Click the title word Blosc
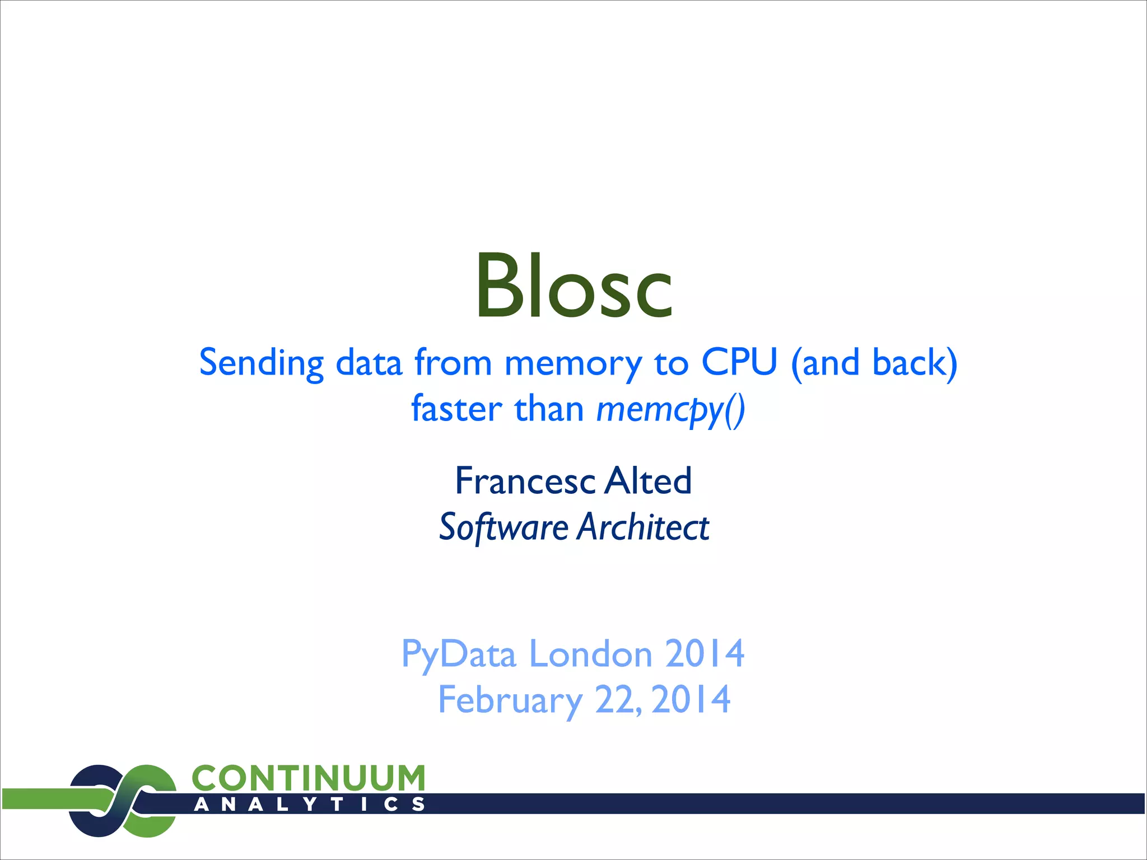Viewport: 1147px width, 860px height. (x=573, y=286)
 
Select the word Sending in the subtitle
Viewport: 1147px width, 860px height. (x=261, y=363)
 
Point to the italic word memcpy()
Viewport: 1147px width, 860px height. (x=670, y=409)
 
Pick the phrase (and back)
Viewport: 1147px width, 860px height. (x=874, y=363)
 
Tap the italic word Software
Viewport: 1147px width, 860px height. (x=503, y=527)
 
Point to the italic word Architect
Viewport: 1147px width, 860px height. (x=644, y=527)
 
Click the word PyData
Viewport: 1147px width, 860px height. (x=458, y=654)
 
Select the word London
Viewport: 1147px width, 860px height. (x=590, y=654)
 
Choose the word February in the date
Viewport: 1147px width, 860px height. (x=510, y=700)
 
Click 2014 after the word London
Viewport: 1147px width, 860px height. (x=705, y=654)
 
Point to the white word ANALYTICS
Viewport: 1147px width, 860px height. (x=309, y=805)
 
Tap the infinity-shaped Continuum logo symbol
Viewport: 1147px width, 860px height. (x=122, y=801)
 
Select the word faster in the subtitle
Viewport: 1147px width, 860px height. (x=456, y=408)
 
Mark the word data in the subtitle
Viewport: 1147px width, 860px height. (x=369, y=363)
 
